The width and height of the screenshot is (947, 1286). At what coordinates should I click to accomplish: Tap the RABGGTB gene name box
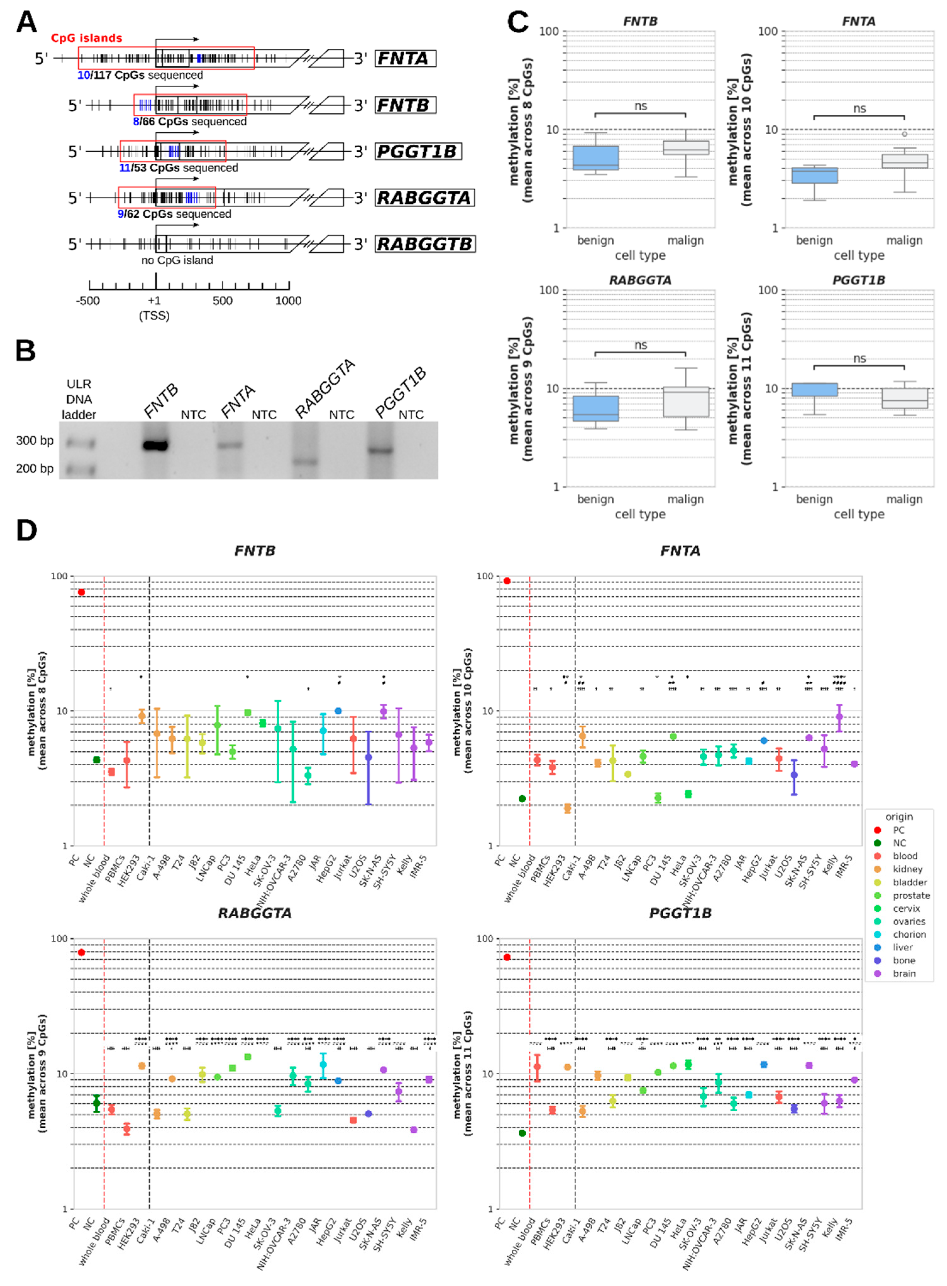click(425, 244)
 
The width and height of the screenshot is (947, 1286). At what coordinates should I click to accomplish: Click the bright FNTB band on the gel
click(155, 445)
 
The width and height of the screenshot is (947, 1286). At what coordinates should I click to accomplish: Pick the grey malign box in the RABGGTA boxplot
click(686, 402)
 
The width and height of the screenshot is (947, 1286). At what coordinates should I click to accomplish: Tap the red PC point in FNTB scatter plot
click(81, 592)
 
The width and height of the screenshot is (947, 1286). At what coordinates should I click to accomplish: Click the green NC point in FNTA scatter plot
click(522, 798)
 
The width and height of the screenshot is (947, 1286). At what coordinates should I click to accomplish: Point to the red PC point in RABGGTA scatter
click(81, 952)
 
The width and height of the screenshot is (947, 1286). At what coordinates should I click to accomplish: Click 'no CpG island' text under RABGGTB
click(177, 260)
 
